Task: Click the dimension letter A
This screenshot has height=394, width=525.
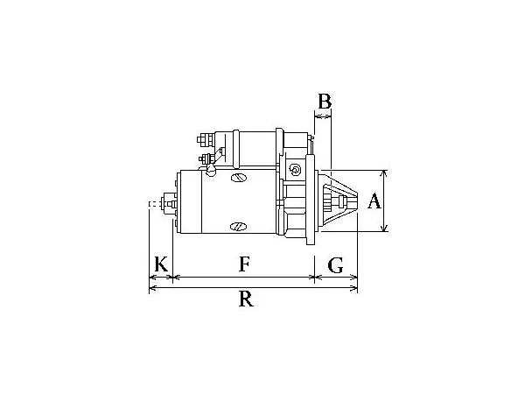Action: [x=374, y=201]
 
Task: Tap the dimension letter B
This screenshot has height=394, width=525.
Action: [x=325, y=102]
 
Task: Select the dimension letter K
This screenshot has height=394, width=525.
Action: [x=161, y=264]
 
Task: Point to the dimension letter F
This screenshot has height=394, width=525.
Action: [x=244, y=264]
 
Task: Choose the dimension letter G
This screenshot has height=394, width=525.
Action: [x=335, y=265]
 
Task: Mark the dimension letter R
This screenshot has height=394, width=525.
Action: [x=246, y=299]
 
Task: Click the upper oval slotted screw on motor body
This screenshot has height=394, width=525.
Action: [x=239, y=178]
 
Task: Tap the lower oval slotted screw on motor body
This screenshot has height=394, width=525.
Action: [x=238, y=227]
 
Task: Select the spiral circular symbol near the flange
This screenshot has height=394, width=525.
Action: [x=295, y=170]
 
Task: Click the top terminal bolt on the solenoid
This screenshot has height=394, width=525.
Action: [x=206, y=140]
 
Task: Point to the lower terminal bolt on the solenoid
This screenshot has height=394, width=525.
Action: [x=206, y=158]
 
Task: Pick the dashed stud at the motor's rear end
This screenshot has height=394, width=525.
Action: [x=154, y=204]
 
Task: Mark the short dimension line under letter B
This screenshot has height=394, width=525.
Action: [x=323, y=116]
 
